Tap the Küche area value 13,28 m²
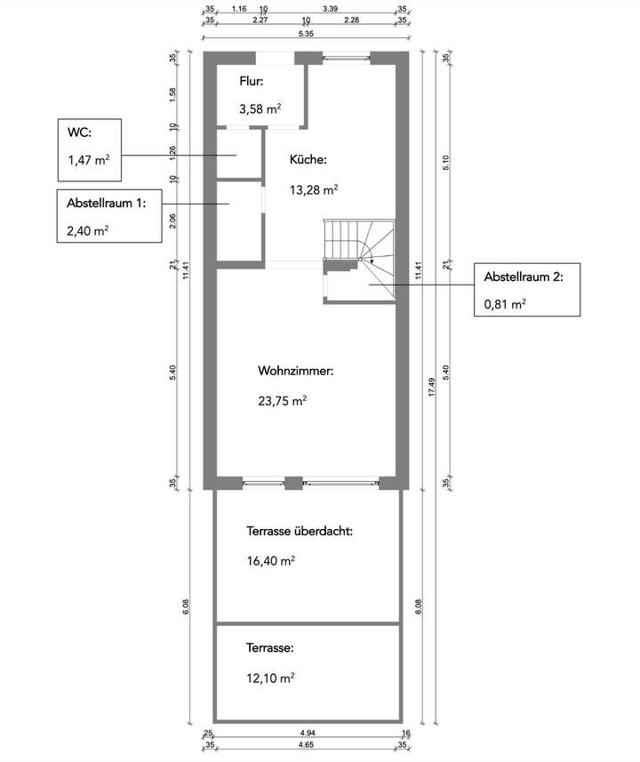(313, 189)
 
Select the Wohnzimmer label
(295, 371)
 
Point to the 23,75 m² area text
(282, 400)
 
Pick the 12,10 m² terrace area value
(270, 678)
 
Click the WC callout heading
(79, 133)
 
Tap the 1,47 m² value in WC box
(89, 161)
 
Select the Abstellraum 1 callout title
(105, 203)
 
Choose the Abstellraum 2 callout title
(523, 277)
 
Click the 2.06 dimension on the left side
(175, 221)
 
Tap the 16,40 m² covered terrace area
(270, 561)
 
